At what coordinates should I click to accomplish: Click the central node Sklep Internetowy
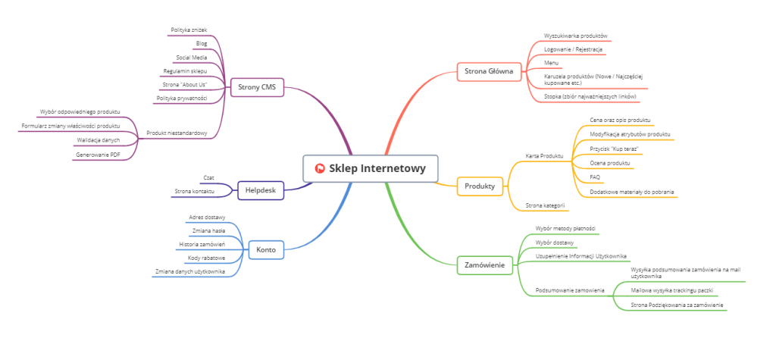370,168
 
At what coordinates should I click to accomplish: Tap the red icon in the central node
320,168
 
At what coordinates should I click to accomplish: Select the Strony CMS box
257,87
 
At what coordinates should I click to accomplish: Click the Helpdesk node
260,189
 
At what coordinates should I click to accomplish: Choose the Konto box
266,249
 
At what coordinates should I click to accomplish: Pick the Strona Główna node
489,73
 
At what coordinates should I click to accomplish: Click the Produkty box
480,186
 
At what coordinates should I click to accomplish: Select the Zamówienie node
485,265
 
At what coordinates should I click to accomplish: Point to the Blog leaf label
202,43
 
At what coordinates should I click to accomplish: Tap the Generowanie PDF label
98,154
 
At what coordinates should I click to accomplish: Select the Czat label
208,177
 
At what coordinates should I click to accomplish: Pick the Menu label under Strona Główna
551,62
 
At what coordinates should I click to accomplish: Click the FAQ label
595,177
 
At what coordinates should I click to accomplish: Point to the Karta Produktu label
544,155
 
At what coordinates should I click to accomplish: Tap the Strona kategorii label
545,205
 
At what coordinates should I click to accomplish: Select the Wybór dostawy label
555,242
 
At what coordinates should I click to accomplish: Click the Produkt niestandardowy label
177,133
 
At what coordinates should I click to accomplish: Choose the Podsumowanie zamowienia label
569,290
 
